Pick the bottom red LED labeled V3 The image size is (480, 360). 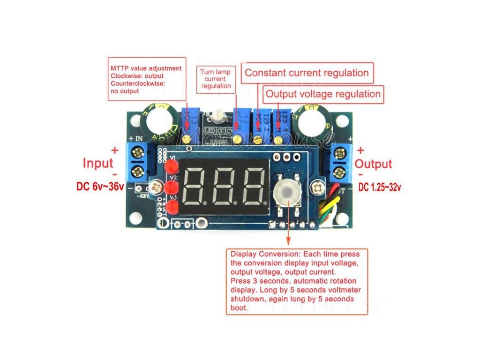172,208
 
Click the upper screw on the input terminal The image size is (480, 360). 139,152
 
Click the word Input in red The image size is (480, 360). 98,163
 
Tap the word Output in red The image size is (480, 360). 373,164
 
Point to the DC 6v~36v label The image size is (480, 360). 100,187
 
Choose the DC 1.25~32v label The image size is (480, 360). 380,187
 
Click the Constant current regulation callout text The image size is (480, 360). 307,73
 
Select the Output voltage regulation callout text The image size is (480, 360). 323,94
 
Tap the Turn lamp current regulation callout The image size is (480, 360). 215,79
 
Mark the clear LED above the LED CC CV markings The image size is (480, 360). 218,115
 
